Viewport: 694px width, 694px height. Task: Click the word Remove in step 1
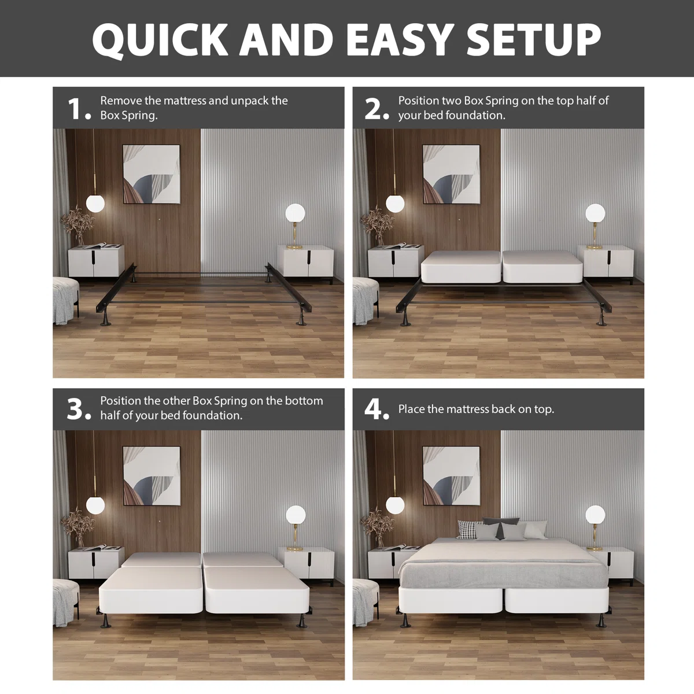(x=121, y=101)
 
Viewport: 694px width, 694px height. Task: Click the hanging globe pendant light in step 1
(x=95, y=203)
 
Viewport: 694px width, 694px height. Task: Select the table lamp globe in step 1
(x=296, y=213)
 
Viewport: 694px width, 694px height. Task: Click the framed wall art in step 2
(x=451, y=174)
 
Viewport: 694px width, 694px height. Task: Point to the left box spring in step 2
(x=460, y=267)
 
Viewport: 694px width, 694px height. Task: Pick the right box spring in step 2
(x=542, y=267)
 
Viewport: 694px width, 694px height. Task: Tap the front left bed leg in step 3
(x=105, y=620)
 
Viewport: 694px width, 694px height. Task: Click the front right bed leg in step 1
(x=302, y=319)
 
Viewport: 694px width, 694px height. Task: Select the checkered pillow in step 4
(x=468, y=529)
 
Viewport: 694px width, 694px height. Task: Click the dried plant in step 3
(x=77, y=527)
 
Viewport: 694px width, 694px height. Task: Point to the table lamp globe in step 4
(x=595, y=515)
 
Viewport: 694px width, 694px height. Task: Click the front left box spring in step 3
(x=151, y=589)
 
